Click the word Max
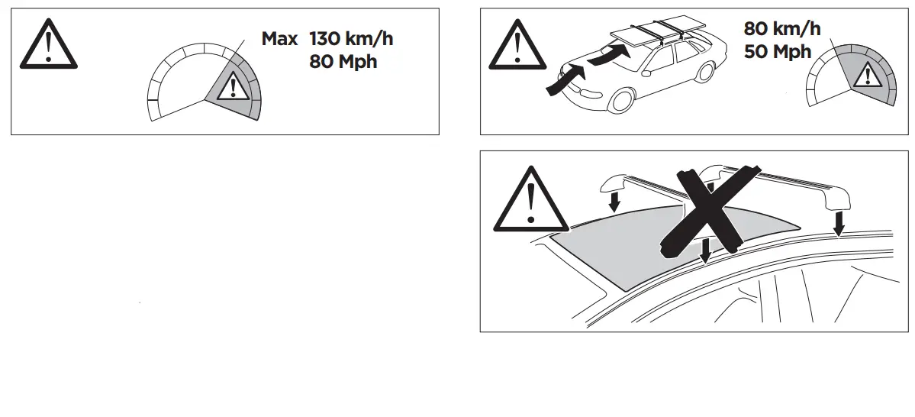279,39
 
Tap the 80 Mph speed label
343,62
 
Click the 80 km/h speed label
782,29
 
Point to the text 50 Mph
778,52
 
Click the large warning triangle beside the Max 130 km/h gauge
48,47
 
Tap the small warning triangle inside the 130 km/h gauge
229,89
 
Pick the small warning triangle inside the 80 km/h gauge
866,75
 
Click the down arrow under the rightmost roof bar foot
839,223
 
